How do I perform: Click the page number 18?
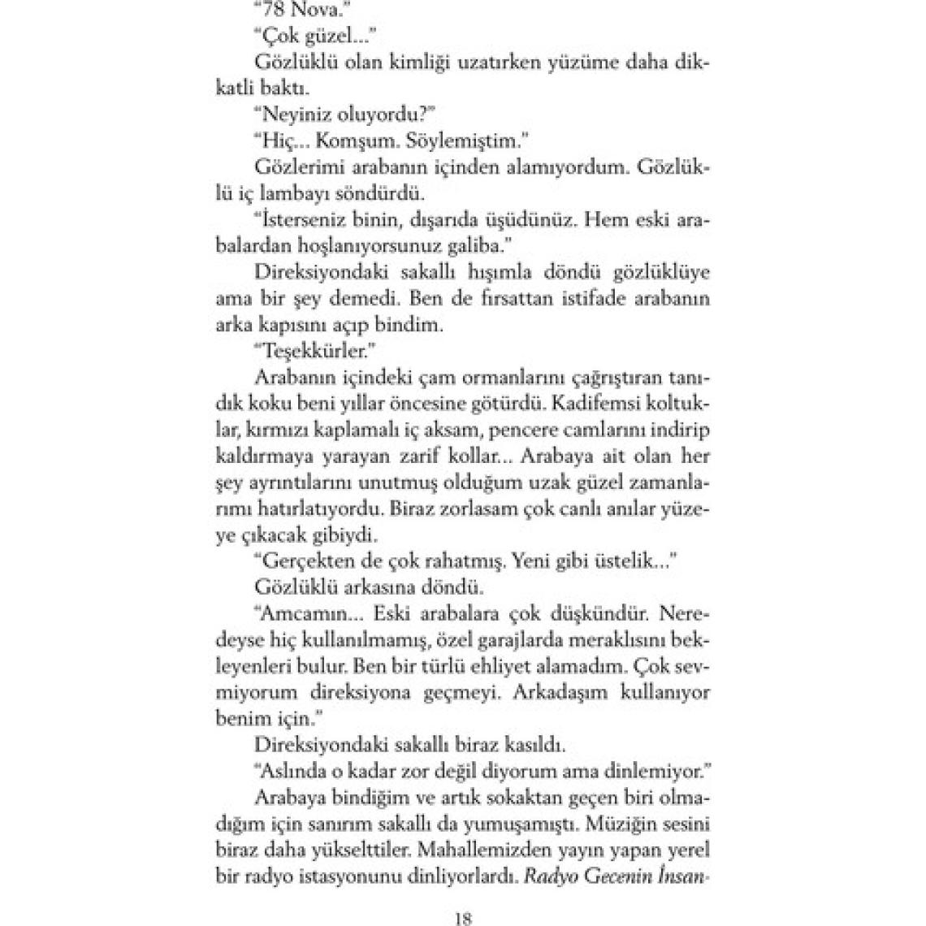coord(463,919)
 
